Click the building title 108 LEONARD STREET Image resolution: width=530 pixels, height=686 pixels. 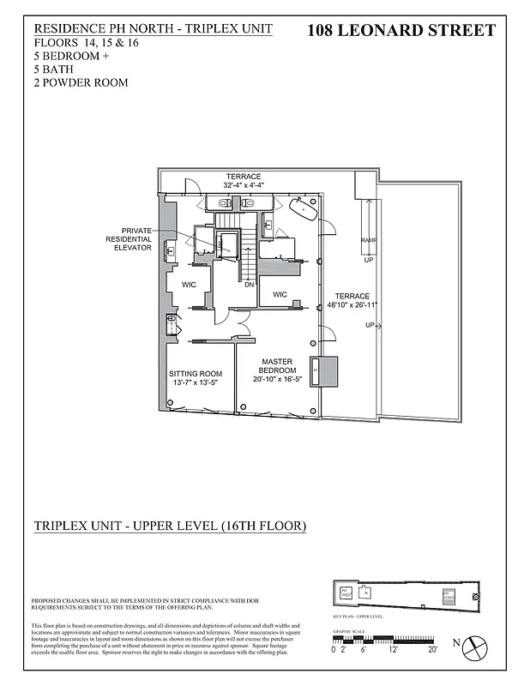[x=401, y=31]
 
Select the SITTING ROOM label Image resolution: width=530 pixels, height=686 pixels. [x=195, y=378]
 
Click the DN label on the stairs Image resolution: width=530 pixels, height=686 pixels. [x=249, y=285]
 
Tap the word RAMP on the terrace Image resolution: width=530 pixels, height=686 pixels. [x=368, y=240]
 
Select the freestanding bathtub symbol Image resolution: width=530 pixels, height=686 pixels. [x=303, y=208]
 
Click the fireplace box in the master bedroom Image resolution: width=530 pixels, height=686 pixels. [x=324, y=370]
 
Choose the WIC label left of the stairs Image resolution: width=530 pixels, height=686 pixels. [x=190, y=284]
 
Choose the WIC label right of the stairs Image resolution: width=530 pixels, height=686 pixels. [x=280, y=294]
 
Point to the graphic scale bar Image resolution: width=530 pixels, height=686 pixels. [x=385, y=639]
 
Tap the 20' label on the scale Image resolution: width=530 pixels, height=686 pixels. [x=433, y=649]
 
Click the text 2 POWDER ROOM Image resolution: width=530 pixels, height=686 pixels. [x=81, y=83]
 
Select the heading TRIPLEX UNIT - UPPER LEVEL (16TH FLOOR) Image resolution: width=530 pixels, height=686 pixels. [x=169, y=525]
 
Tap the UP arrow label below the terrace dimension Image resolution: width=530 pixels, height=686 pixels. [x=370, y=325]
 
